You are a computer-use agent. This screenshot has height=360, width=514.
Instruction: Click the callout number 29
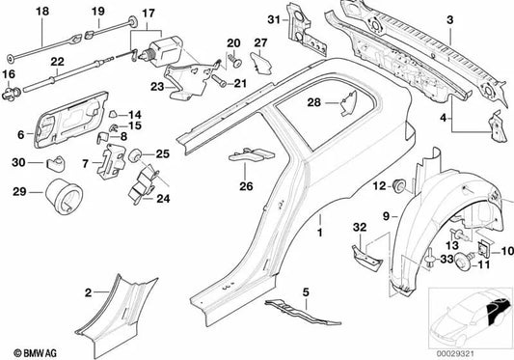pyautogui.click(x=19, y=192)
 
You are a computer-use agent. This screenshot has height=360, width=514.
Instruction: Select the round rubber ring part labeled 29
pyautogui.click(x=64, y=196)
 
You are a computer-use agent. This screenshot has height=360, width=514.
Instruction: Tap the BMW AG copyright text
pyautogui.click(x=36, y=353)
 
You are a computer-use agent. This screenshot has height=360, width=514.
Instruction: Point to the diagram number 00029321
pyautogui.click(x=454, y=354)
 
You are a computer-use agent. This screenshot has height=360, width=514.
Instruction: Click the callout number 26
pyautogui.click(x=246, y=186)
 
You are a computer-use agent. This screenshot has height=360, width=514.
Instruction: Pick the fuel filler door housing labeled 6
pyautogui.click(x=71, y=120)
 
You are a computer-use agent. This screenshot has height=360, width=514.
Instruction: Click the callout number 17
pyautogui.click(x=149, y=14)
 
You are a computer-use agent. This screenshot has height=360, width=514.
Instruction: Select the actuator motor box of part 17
pyautogui.click(x=165, y=50)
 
